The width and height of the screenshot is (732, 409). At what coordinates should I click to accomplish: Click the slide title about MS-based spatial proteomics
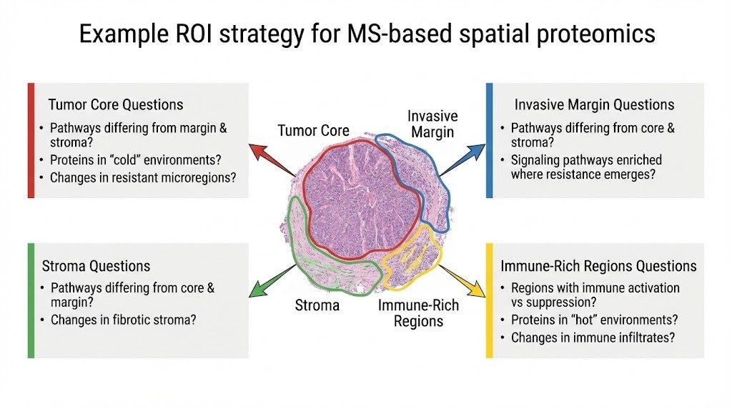click(366, 34)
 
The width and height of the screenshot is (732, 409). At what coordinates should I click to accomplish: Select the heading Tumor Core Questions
click(116, 104)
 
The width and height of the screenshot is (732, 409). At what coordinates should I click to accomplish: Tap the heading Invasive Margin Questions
click(594, 104)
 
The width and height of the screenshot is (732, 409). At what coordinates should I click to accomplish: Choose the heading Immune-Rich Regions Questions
click(598, 266)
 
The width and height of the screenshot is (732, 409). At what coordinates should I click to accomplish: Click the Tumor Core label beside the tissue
click(314, 130)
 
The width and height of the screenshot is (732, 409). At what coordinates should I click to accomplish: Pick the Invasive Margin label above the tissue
click(432, 124)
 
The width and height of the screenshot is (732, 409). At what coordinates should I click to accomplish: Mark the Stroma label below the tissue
click(317, 306)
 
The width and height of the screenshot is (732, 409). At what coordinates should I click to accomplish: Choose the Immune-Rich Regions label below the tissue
click(419, 313)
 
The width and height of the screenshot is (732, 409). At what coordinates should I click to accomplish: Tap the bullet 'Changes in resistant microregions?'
click(142, 177)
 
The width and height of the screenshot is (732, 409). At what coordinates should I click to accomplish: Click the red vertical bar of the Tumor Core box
click(31, 140)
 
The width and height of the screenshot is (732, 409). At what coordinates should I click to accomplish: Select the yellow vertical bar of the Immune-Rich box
click(489, 300)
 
